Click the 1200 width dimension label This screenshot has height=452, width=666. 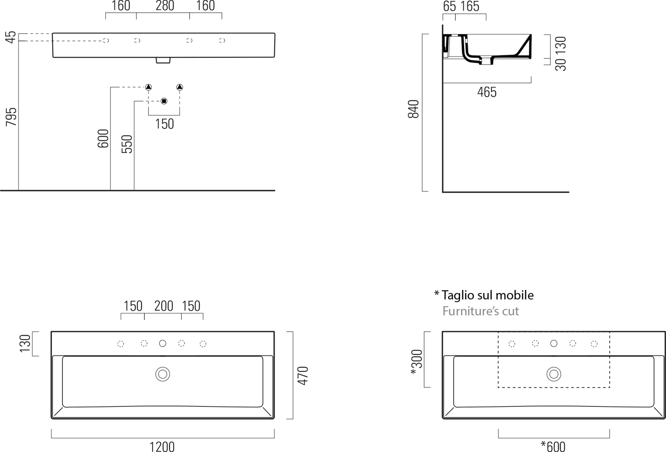[162, 447]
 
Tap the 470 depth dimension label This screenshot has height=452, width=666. [303, 376]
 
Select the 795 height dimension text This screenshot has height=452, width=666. [11, 117]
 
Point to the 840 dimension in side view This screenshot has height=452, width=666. [414, 109]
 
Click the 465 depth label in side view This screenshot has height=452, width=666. [487, 92]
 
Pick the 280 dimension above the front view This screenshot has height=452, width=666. [165, 5]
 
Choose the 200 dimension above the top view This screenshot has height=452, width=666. [164, 306]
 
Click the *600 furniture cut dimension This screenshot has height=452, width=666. [553, 447]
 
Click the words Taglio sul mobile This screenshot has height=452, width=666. [487, 295]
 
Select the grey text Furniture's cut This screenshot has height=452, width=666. [481, 311]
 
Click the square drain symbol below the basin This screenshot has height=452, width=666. [164, 101]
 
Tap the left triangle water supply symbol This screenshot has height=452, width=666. [149, 87]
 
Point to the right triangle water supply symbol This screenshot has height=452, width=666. [179, 87]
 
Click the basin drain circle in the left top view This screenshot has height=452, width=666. [163, 375]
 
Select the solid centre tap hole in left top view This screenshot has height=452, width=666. [163, 344]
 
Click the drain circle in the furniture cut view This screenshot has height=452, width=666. [554, 375]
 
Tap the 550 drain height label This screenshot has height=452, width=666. [127, 144]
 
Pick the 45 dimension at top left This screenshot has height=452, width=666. [11, 37]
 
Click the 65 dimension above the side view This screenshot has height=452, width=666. [449, 6]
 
